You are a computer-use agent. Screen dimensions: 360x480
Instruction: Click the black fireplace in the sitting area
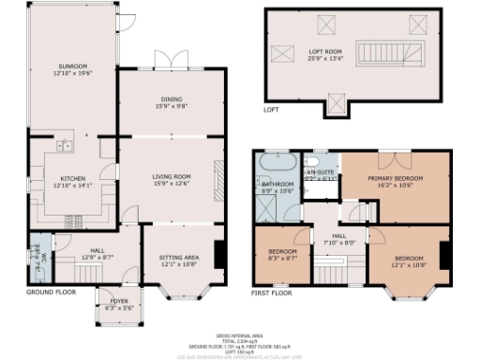click(218, 254)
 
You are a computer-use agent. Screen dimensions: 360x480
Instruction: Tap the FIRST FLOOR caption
click(273, 292)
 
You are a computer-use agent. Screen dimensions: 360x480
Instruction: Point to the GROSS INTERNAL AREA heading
click(239, 334)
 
